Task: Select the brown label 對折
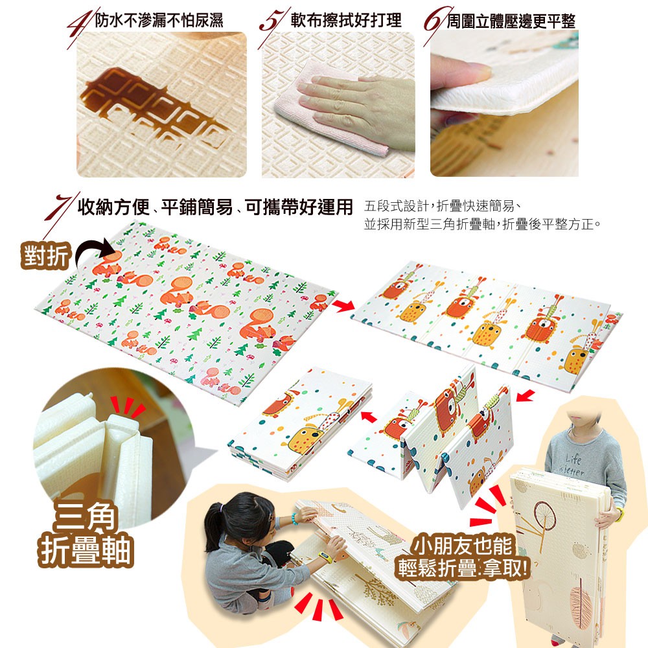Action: (46, 256)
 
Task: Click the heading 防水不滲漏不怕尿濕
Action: (159, 20)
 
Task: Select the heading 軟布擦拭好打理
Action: (346, 20)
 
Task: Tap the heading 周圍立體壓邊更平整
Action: (511, 21)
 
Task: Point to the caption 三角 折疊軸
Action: (85, 535)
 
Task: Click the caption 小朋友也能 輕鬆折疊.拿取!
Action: (463, 556)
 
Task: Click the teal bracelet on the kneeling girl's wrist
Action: (295, 519)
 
